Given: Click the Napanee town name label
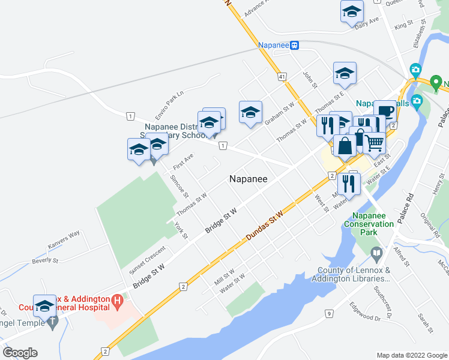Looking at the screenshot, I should (x=249, y=179).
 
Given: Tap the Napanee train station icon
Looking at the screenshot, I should (x=295, y=45).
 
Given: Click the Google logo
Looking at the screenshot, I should (x=20, y=353).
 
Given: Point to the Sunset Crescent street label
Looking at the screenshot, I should (x=146, y=260).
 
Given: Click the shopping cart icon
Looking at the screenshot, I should (x=374, y=142).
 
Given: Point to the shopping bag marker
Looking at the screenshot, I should (x=345, y=145).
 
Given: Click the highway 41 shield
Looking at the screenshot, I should (x=281, y=77).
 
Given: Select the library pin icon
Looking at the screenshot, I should (x=376, y=254).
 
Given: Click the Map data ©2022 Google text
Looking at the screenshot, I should (x=411, y=355).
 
